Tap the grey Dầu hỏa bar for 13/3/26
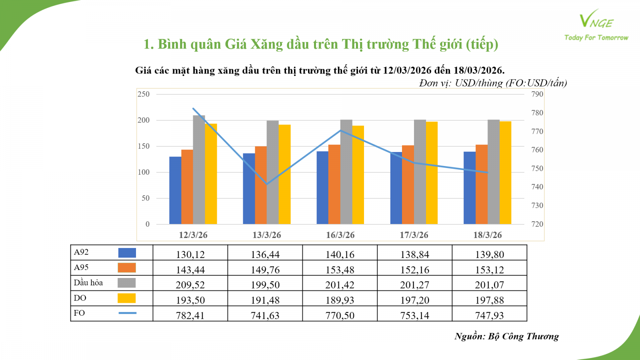point(273,172)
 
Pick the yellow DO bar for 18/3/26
point(505,172)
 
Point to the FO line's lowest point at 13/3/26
point(267,184)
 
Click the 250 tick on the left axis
point(144,94)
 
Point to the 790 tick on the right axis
point(537,94)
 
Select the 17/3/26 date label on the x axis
point(414,235)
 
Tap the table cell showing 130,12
point(190,254)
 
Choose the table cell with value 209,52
point(190,285)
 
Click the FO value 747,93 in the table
point(490,315)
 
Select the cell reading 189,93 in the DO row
point(340,300)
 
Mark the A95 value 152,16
point(415,270)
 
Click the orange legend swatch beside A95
point(127,268)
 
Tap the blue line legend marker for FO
point(127,313)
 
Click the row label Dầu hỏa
point(88,283)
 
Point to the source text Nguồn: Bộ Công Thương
point(506,336)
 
